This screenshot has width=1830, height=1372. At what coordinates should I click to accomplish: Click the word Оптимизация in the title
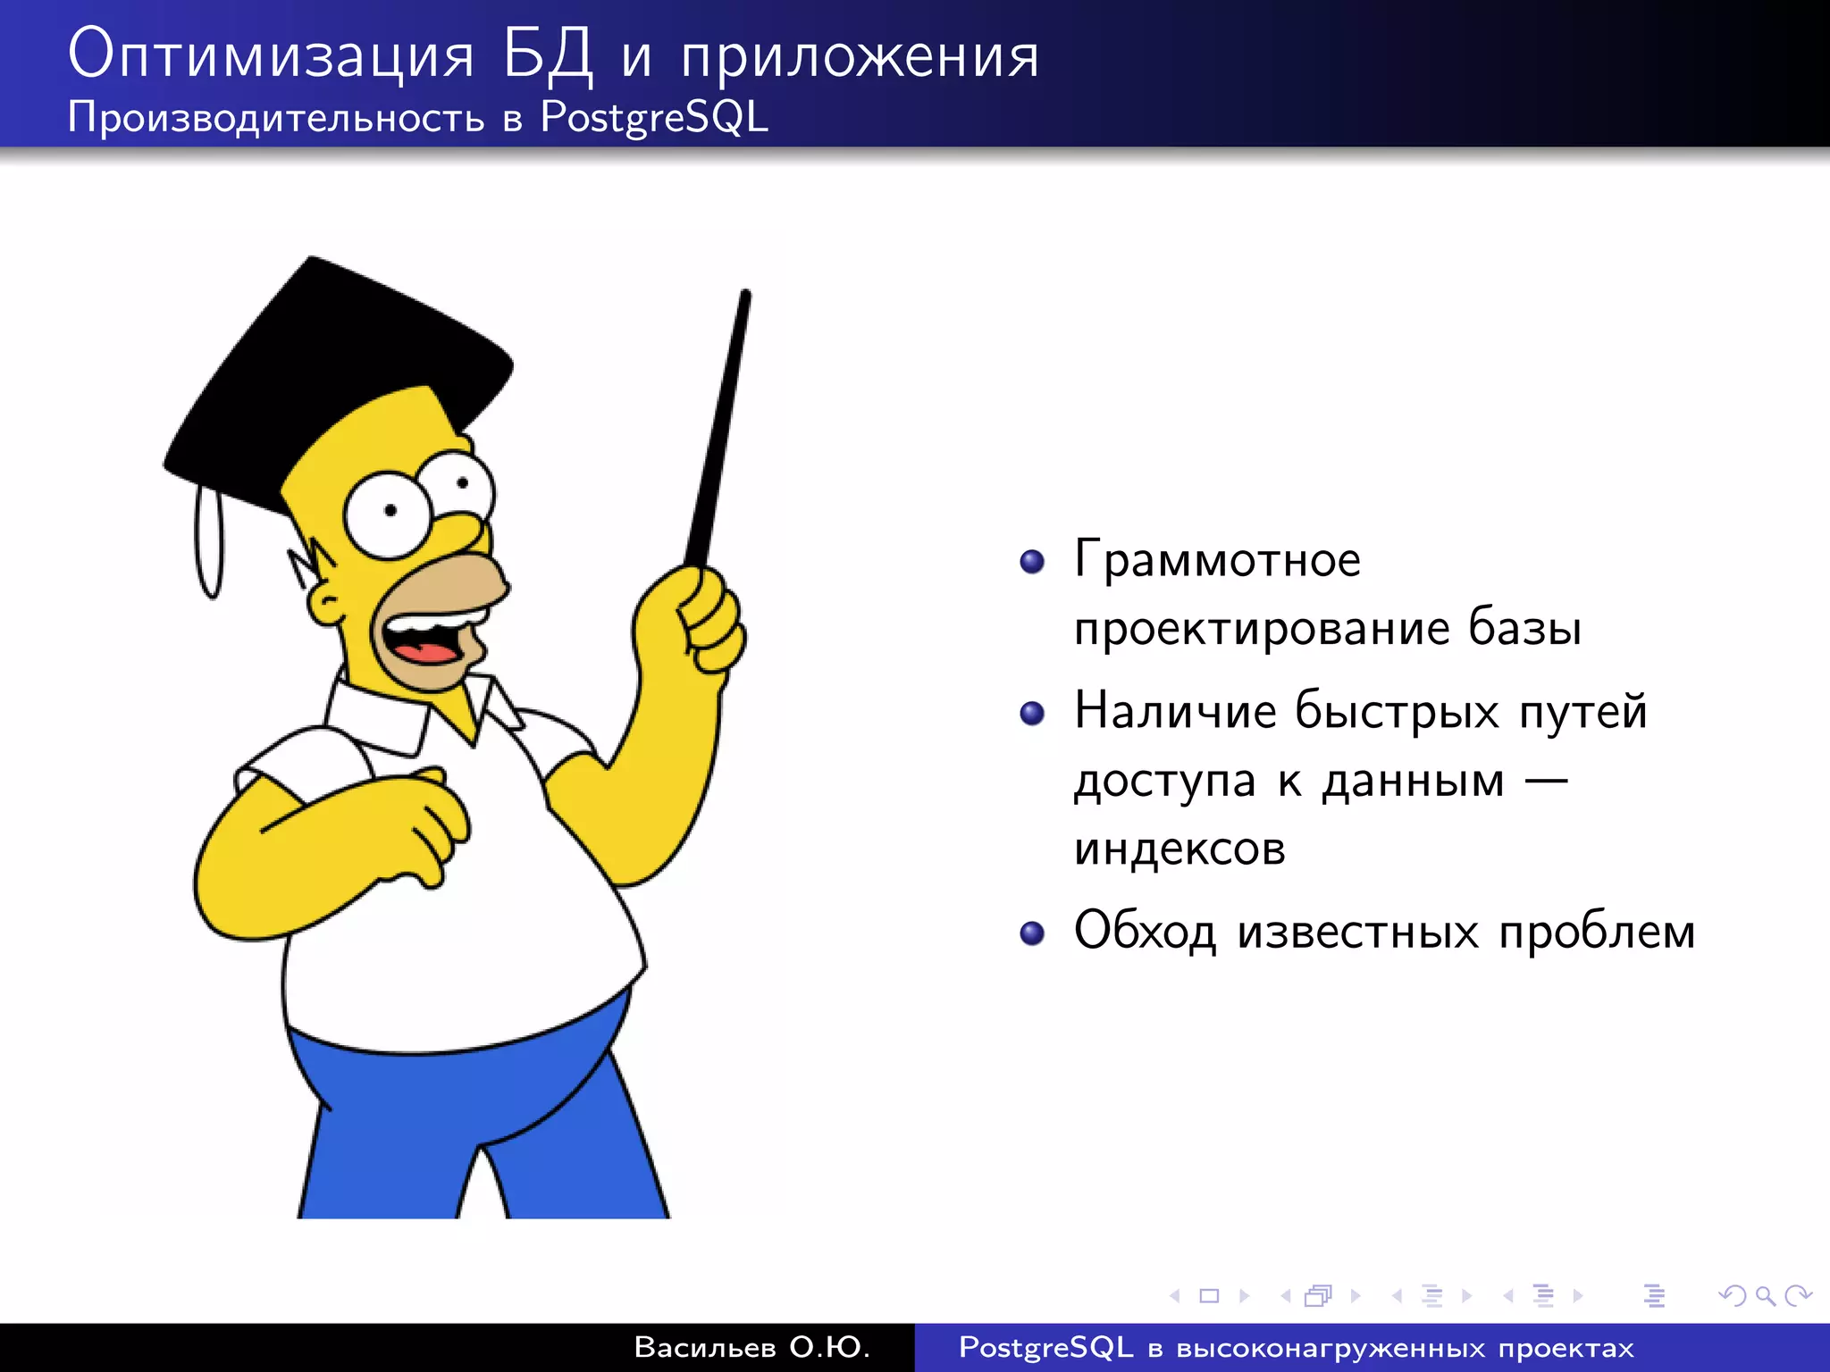click(x=270, y=55)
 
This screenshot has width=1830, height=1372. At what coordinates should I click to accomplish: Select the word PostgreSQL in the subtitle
click(x=654, y=118)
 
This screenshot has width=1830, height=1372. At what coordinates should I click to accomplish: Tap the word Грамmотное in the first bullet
click(x=1217, y=560)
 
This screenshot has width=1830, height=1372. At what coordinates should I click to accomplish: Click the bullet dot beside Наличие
click(x=1032, y=713)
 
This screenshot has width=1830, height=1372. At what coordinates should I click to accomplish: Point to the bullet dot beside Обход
click(x=1032, y=933)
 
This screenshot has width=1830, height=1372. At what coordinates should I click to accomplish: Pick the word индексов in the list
click(x=1179, y=849)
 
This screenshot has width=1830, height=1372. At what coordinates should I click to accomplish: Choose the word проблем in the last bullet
click(x=1597, y=933)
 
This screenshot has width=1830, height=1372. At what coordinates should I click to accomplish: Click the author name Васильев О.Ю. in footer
click(x=751, y=1347)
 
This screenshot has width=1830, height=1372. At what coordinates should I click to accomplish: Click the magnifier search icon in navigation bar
click(x=1765, y=1295)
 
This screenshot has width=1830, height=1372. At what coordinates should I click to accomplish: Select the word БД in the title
click(x=547, y=55)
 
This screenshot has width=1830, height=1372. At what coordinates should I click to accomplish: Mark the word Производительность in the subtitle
click(x=276, y=118)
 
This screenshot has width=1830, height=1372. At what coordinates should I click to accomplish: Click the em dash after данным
click(x=1545, y=782)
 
